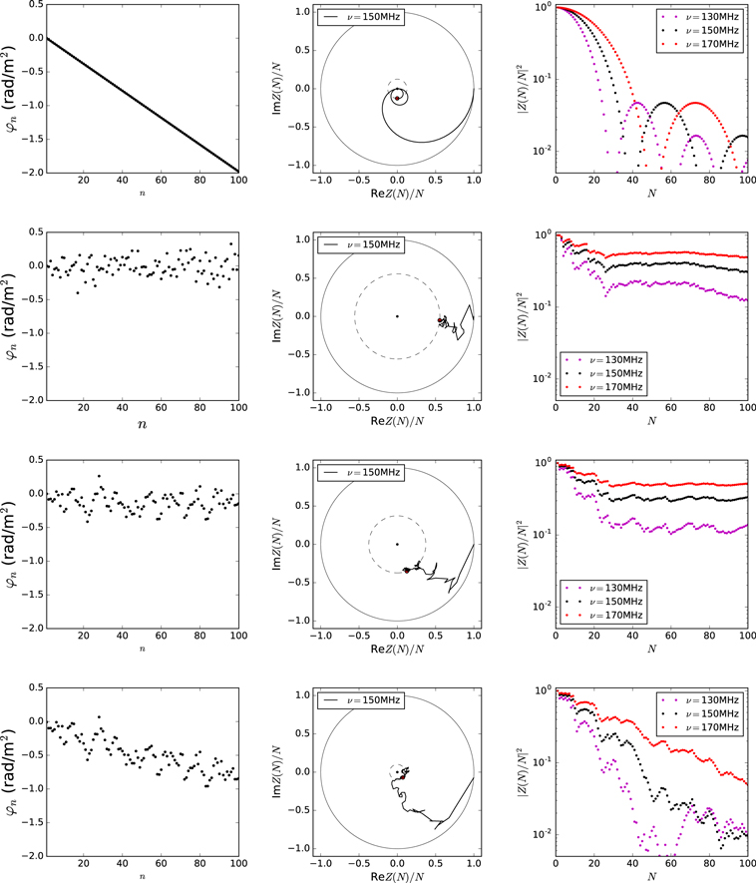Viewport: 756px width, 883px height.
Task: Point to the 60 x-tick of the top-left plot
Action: pos(161,181)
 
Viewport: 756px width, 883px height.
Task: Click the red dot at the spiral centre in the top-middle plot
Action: pos(397,99)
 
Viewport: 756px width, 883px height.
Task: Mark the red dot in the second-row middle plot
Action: pos(440,320)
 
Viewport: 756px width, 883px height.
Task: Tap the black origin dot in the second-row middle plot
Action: pos(397,316)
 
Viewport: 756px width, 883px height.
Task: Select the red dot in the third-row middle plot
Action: pos(407,571)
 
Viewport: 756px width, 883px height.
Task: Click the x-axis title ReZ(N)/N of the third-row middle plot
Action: pos(397,650)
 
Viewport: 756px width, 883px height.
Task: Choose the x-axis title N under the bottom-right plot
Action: pos(652,877)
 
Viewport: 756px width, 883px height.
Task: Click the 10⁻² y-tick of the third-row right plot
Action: pos(543,606)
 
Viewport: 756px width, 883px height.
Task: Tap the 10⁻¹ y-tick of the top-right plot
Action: pos(543,78)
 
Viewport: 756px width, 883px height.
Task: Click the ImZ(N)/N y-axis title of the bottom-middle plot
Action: pos(276,771)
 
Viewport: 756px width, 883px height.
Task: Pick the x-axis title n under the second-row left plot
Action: pos(143,424)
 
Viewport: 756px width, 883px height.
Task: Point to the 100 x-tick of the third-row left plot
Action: pos(238,636)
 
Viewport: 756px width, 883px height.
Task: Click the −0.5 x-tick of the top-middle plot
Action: pos(358,181)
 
